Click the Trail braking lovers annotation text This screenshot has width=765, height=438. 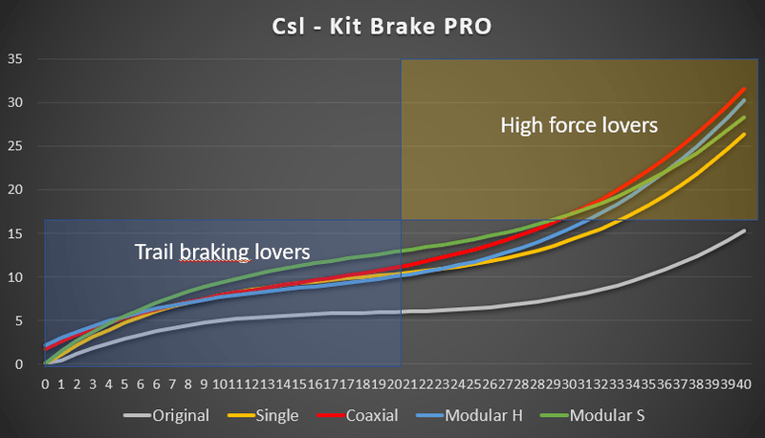click(222, 252)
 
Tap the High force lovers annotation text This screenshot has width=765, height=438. click(579, 124)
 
